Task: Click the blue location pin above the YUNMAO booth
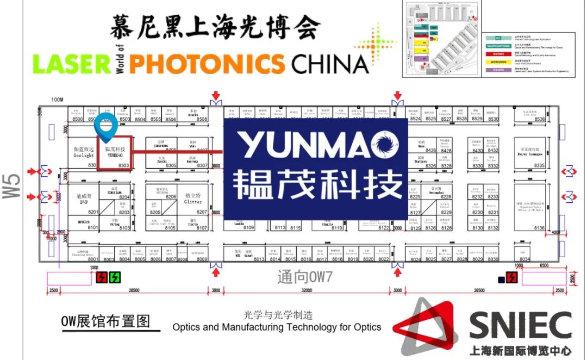105,127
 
